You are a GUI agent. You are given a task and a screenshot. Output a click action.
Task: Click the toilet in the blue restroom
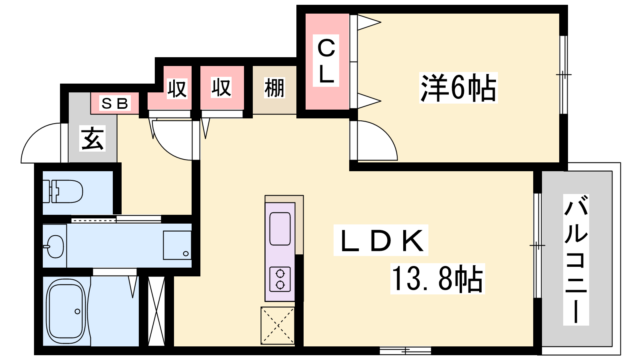tap(63, 191)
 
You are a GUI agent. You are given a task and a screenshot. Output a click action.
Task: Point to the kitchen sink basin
tap(280, 229)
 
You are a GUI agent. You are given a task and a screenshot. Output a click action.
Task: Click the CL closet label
tap(326, 60)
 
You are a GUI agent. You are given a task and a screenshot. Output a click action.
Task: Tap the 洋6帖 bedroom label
tap(458, 88)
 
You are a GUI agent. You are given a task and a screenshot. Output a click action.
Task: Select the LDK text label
tap(381, 240)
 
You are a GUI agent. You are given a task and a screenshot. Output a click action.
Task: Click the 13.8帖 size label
tap(438, 279)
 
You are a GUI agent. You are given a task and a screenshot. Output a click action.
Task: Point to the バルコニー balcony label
tap(576, 260)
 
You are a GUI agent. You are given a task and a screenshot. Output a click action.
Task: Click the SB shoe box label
tap(115, 103)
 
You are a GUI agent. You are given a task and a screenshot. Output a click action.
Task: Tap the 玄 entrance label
tap(92, 138)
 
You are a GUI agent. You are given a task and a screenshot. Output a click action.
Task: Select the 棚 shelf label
tap(274, 88)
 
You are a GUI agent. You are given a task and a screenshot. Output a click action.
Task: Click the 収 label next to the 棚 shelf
tap(221, 88)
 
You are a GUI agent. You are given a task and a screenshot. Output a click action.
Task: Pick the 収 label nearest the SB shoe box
tap(177, 88)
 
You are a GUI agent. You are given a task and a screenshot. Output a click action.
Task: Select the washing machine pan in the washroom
tap(177, 245)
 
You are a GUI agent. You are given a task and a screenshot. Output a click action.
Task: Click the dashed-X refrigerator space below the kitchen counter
tap(278, 326)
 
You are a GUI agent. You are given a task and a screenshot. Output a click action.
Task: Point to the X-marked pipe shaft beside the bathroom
tap(156, 311)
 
